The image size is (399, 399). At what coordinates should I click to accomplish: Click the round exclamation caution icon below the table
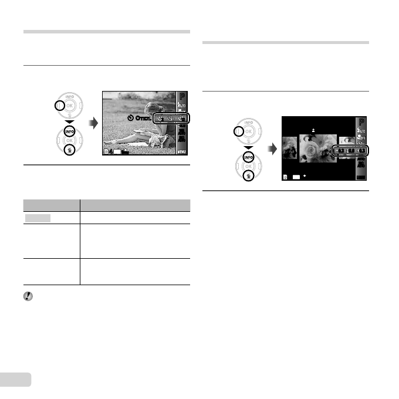(x=28, y=297)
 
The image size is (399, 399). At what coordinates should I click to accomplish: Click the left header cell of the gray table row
(x=52, y=205)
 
